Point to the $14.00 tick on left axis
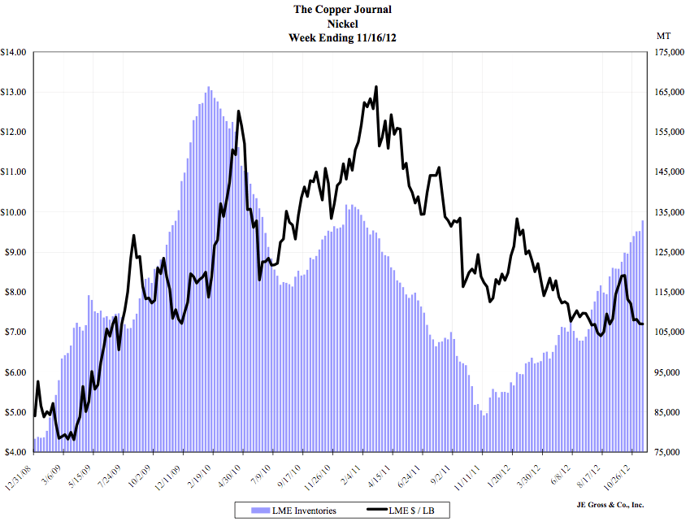tap(16, 52)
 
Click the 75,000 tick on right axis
tap(666, 452)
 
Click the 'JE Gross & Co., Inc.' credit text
tap(606, 505)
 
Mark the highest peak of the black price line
tap(376, 87)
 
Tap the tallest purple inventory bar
tap(208, 88)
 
